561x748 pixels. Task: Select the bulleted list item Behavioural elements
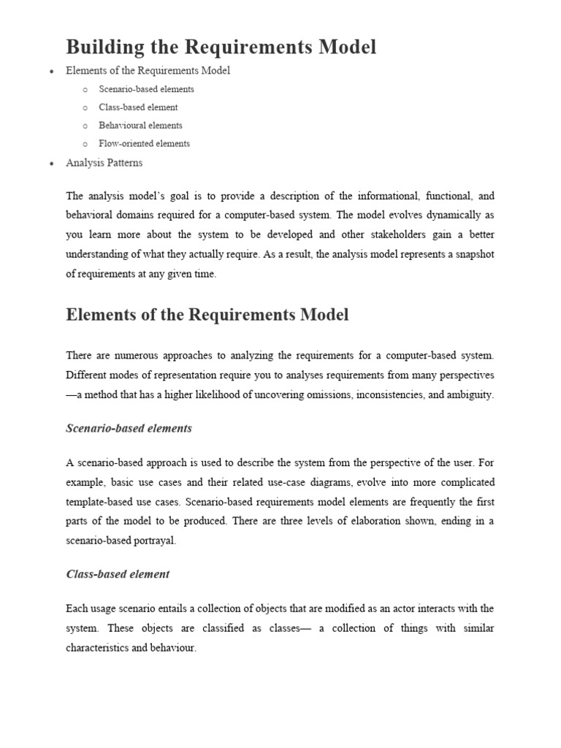(x=140, y=126)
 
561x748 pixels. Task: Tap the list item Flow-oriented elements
(x=144, y=144)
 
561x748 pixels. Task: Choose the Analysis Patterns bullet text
(x=104, y=163)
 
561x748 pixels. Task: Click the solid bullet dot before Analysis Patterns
(x=51, y=164)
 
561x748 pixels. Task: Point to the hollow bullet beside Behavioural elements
(x=85, y=126)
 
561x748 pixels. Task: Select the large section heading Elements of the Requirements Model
(x=207, y=316)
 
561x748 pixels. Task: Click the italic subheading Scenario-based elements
(x=129, y=429)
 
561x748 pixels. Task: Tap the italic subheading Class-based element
(x=118, y=574)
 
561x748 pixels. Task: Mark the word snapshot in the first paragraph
(x=473, y=255)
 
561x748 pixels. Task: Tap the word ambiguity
(x=470, y=395)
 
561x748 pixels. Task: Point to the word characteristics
(x=99, y=648)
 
